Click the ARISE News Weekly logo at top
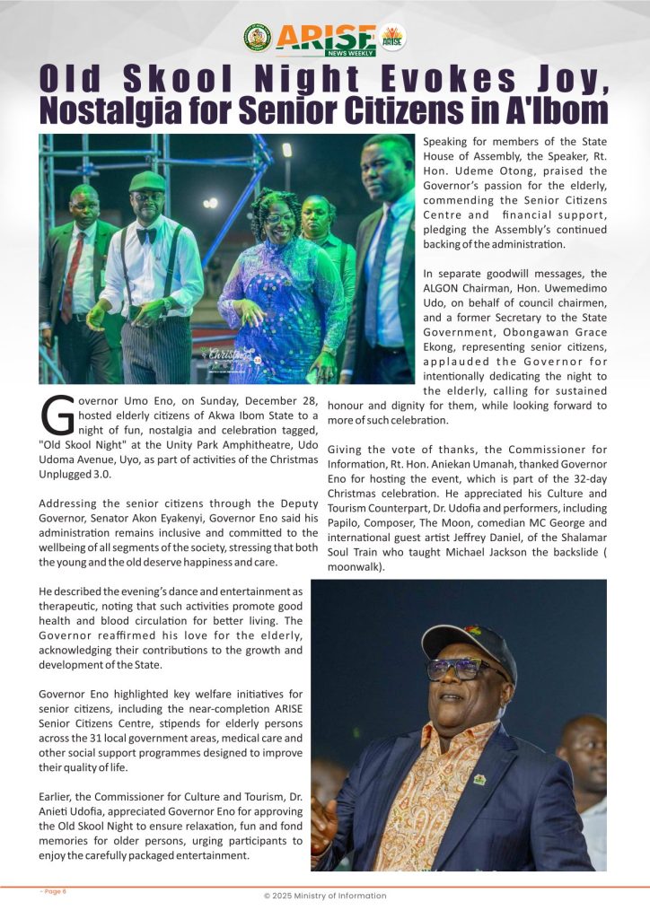tap(325, 38)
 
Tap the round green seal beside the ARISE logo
tap(258, 37)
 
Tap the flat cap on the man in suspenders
tap(147, 181)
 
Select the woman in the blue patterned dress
tap(281, 287)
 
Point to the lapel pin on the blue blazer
tap(479, 779)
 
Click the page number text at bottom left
tap(53, 891)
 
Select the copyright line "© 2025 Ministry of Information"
tap(325, 896)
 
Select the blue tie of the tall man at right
tap(375, 269)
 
